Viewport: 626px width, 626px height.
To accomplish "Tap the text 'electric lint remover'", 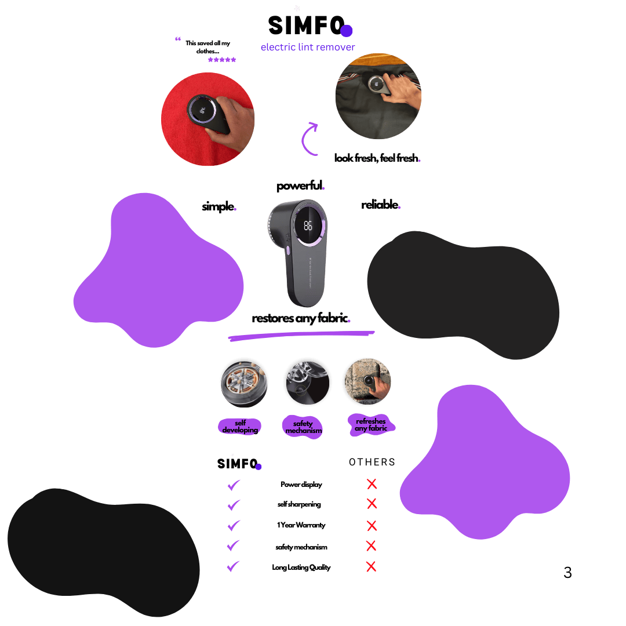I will click(308, 48).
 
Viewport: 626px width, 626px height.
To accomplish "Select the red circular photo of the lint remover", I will click(208, 119).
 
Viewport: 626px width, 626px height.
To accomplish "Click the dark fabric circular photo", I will click(378, 96).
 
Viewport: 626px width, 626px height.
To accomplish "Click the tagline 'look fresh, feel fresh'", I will click(377, 158).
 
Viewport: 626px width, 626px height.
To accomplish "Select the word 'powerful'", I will click(300, 186).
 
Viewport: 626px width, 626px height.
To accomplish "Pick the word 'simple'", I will click(219, 206).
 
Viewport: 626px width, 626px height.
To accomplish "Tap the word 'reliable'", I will click(380, 205).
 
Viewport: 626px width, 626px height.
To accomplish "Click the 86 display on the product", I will click(308, 226).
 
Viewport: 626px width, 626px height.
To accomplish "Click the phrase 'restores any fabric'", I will click(301, 318).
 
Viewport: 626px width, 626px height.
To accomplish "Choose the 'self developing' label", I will click(240, 427).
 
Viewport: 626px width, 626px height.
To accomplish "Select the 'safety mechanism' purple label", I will click(303, 427).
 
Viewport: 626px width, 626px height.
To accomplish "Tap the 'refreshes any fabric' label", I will click(371, 425).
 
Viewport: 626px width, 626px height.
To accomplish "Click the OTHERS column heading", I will click(372, 462).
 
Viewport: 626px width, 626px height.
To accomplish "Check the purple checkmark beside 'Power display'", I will click(234, 485).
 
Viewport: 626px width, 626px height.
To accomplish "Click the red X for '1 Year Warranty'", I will click(372, 526).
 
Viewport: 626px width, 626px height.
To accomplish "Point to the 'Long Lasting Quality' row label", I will click(301, 567).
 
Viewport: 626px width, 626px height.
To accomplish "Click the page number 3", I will click(567, 573).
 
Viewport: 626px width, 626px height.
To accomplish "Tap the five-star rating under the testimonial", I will click(222, 60).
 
